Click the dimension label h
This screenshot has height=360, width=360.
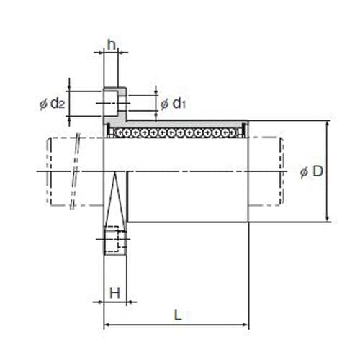tap(111, 45)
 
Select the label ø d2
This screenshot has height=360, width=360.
tap(53, 104)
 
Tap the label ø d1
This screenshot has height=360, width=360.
tap(174, 104)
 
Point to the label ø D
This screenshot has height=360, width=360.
tap(312, 171)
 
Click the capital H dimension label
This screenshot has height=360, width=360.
tap(114, 293)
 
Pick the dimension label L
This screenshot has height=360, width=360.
tap(177, 315)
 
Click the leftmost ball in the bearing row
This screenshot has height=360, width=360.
tap(120, 132)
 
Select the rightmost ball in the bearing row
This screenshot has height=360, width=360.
tap(233, 132)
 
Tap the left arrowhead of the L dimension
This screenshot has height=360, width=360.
tap(107, 325)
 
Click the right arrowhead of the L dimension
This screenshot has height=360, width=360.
tap(246, 325)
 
